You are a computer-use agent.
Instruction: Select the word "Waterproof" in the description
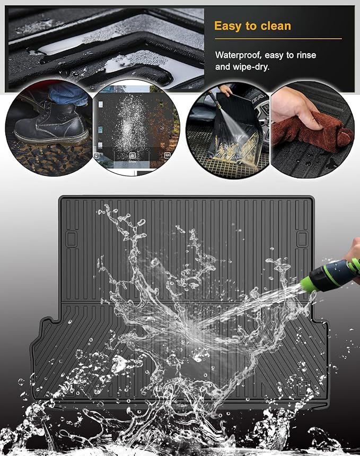(x=238, y=55)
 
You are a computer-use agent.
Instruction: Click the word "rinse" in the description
(x=306, y=55)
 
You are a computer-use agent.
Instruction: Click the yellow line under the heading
(x=278, y=38)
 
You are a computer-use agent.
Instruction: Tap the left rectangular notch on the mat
(x=71, y=239)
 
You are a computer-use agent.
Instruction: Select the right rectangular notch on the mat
(x=302, y=239)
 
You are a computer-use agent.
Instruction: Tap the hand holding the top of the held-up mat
(x=225, y=91)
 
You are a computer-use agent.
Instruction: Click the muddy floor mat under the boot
(x=49, y=155)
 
